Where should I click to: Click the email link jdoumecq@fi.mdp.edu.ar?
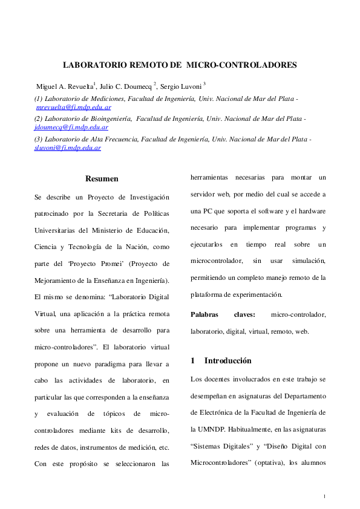(x=71, y=127)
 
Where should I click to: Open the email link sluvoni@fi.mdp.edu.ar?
(x=67, y=148)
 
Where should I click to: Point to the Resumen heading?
(x=102, y=179)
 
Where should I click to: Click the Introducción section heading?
(x=227, y=361)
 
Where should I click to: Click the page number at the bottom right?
(x=324, y=497)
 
